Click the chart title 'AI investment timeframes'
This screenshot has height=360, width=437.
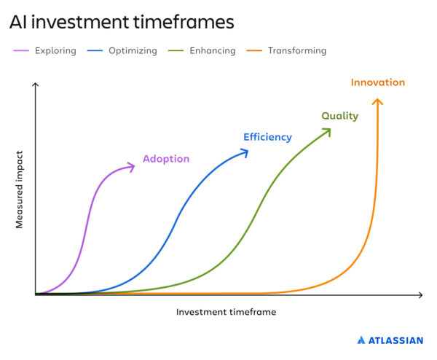point(122,23)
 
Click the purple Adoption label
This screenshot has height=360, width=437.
point(166,159)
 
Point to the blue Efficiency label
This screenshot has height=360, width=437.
point(267,137)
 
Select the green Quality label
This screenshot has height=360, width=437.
point(339,116)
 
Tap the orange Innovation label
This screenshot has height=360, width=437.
point(377,82)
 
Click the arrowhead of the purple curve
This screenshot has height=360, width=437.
point(132,168)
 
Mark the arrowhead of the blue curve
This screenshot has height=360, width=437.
point(245,152)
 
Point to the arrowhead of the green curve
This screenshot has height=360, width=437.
point(327,131)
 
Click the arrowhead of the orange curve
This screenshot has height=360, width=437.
point(377,101)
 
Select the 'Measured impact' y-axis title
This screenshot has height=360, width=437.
point(20,189)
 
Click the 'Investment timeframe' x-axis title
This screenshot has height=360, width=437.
point(226,312)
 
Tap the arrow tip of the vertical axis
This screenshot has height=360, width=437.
point(35,86)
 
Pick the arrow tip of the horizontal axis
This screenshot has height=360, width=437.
point(420,295)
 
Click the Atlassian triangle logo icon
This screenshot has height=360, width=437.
point(361,340)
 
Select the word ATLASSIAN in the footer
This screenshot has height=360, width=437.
point(395,340)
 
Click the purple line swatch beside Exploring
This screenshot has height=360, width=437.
point(20,51)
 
